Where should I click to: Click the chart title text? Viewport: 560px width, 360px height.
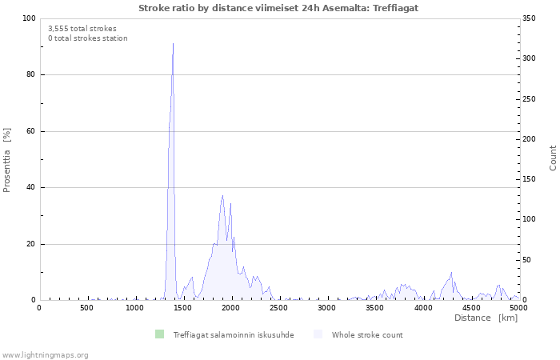pyautogui.click(x=278, y=7)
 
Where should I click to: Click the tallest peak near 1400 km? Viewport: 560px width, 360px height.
pyautogui.click(x=173, y=44)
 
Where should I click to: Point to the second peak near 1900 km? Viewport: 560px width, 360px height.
pyautogui.click(x=223, y=195)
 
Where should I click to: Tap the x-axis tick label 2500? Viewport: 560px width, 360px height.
pyautogui.click(x=278, y=308)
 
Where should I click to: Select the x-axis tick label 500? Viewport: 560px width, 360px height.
pyautogui.click(x=87, y=308)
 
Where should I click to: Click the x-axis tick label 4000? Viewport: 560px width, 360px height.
pyautogui.click(x=422, y=308)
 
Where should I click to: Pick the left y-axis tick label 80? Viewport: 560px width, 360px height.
pyautogui.click(x=30, y=75)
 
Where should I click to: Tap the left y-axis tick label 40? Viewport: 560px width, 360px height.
pyautogui.click(x=30, y=188)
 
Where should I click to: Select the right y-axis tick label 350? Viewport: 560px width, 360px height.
pyautogui.click(x=530, y=18)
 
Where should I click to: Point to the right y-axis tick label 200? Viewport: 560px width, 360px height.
pyautogui.click(x=530, y=139)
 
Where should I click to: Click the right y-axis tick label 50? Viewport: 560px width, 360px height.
pyautogui.click(x=528, y=260)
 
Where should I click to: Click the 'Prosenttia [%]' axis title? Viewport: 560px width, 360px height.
pyautogui.click(x=8, y=160)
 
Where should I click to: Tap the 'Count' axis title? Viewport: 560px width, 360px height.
pyautogui.click(x=553, y=158)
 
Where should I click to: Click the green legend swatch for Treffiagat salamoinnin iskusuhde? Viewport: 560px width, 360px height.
pyautogui.click(x=159, y=334)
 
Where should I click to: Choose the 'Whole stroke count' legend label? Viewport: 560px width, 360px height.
pyautogui.click(x=367, y=335)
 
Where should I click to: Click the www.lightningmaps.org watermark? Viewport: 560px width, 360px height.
pyautogui.click(x=46, y=355)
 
